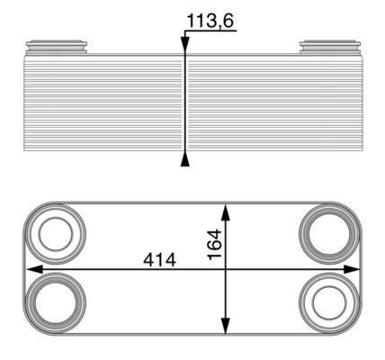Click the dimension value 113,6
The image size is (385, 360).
tap(210, 19)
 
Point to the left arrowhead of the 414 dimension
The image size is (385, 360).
tap(31, 268)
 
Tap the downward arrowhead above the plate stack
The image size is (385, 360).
tap(185, 45)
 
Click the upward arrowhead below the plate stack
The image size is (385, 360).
tap(185, 160)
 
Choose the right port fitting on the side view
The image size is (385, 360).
tap(326, 45)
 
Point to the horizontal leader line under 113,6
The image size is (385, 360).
tap(210, 31)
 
